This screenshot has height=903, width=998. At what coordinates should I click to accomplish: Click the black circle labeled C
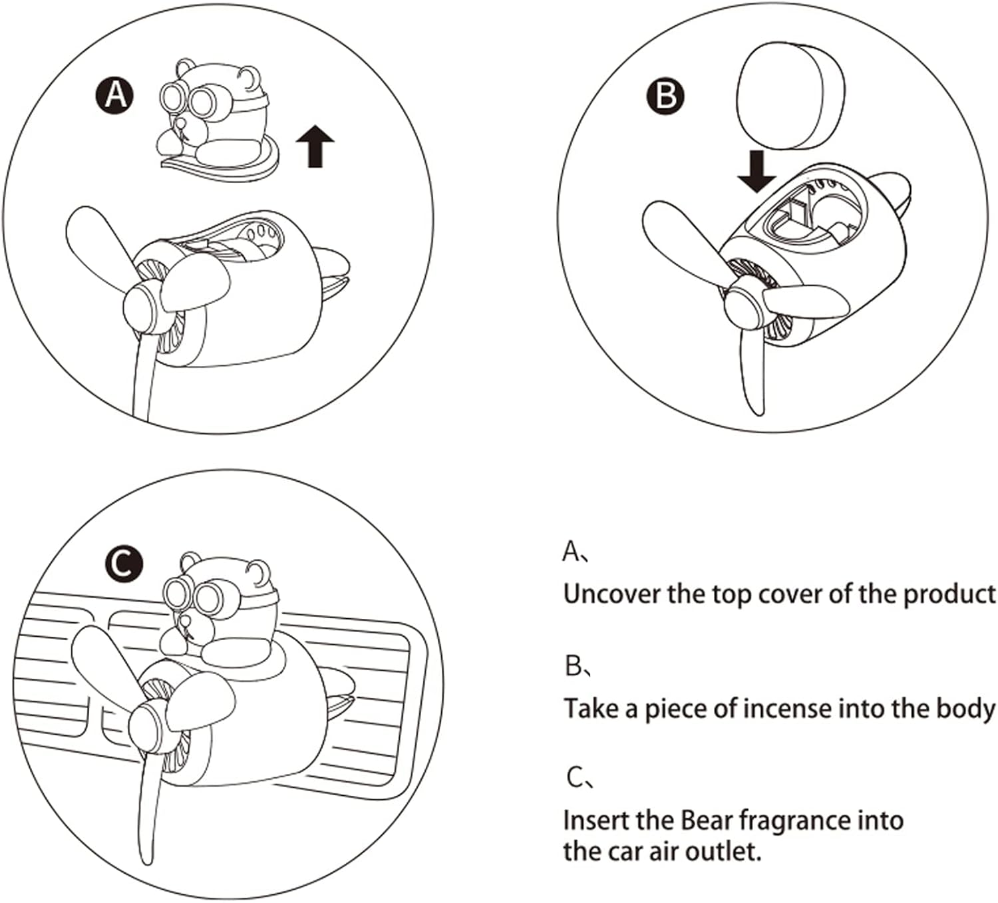click(124, 564)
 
